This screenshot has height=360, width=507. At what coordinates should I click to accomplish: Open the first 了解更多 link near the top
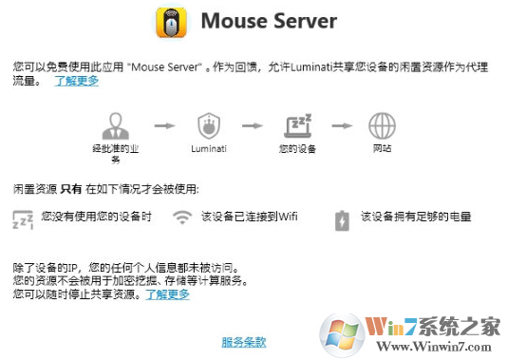tap(76, 82)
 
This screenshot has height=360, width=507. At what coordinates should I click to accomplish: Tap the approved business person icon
tap(119, 125)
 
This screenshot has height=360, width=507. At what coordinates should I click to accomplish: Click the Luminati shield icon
tap(207, 125)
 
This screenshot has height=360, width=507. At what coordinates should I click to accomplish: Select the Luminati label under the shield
tap(207, 149)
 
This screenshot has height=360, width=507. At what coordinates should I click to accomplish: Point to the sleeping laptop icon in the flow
tap(298, 125)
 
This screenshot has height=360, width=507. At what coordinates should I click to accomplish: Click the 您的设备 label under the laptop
tap(298, 149)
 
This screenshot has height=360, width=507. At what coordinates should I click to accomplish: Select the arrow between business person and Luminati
tap(163, 124)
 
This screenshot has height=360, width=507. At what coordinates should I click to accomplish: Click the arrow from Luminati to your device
tap(253, 124)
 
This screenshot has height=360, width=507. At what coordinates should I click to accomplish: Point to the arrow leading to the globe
tap(341, 124)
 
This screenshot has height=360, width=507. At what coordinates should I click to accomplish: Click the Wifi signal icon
tap(181, 218)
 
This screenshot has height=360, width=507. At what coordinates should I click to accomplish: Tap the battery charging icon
tap(341, 220)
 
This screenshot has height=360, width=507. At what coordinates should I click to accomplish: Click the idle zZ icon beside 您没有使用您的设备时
tap(22, 219)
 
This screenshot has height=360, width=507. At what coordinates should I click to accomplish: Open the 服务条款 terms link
tap(244, 341)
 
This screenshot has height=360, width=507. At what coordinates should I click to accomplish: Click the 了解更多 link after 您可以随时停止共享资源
tap(167, 294)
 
